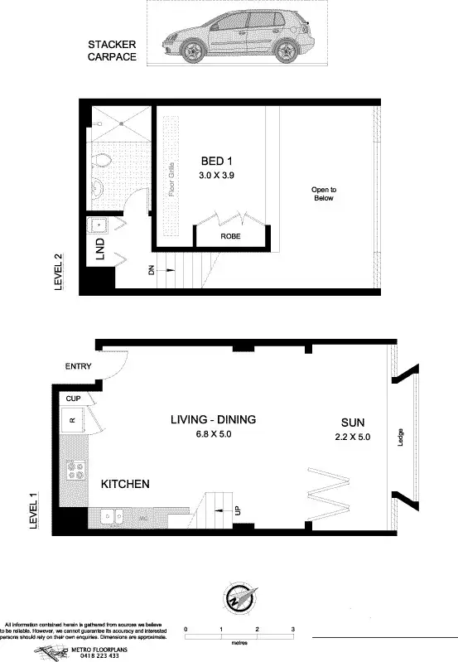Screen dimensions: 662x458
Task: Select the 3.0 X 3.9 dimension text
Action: [x=218, y=176]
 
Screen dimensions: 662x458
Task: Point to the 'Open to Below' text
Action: [x=324, y=194]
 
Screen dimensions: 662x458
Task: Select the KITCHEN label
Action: [x=125, y=483]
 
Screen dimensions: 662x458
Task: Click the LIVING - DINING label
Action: [x=213, y=419]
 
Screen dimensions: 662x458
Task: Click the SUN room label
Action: [x=351, y=419]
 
